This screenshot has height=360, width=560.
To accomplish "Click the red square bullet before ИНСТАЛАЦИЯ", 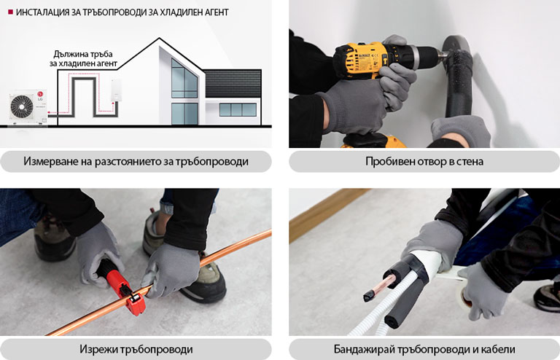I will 9,12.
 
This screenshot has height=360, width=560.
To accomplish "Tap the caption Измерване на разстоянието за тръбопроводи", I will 136,161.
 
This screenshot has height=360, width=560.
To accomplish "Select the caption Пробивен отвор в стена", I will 424,161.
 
